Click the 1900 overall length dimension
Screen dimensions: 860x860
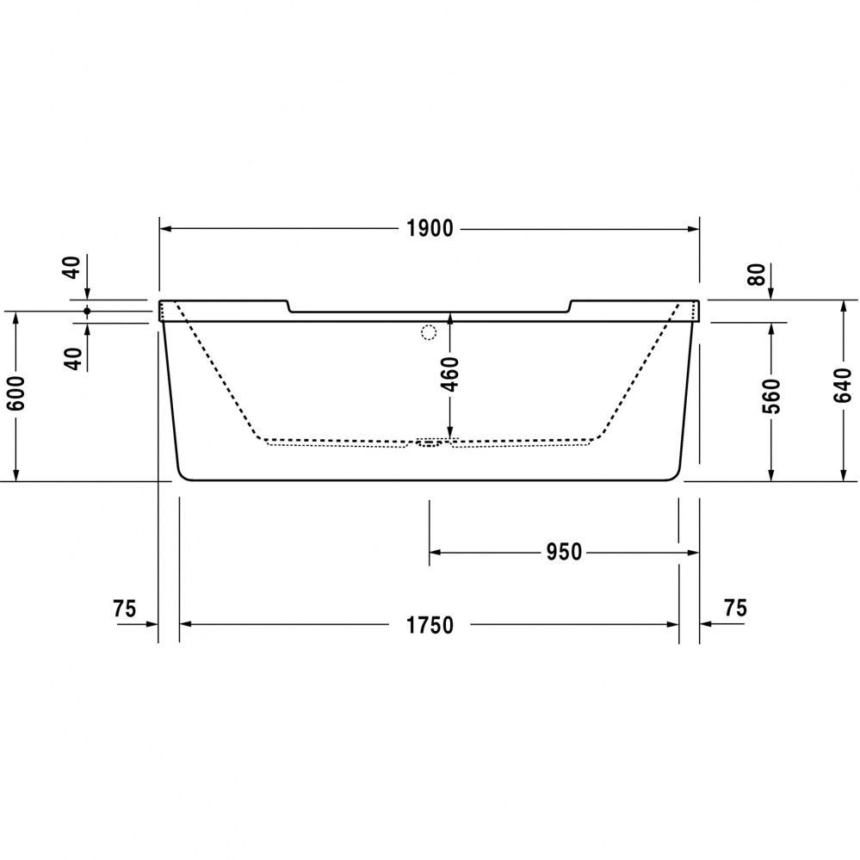pyautogui.click(x=430, y=228)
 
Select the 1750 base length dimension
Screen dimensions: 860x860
pyautogui.click(x=430, y=625)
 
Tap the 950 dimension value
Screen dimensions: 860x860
pyautogui.click(x=564, y=553)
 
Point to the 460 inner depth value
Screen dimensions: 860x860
pyautogui.click(x=450, y=374)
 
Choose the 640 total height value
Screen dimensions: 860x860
pyautogui.click(x=843, y=386)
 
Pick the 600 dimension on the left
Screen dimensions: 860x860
pyautogui.click(x=15, y=393)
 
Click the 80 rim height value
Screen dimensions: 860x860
pyautogui.click(x=757, y=275)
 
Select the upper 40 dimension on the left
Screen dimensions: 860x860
pyautogui.click(x=73, y=268)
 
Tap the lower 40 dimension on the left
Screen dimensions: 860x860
pyautogui.click(x=73, y=359)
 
